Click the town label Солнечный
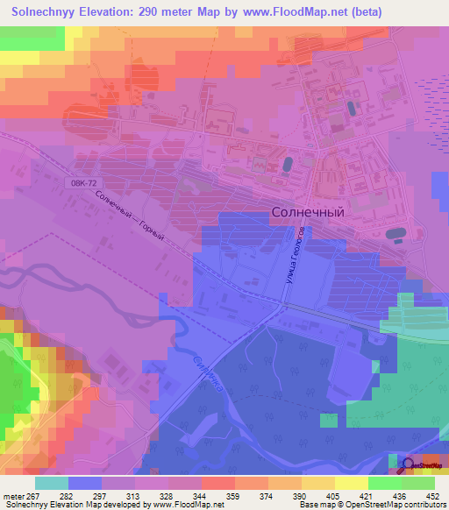point(306,211)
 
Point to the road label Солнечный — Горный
point(129,220)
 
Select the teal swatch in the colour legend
point(52,483)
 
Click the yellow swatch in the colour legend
point(352,483)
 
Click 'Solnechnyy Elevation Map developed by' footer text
point(66,505)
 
